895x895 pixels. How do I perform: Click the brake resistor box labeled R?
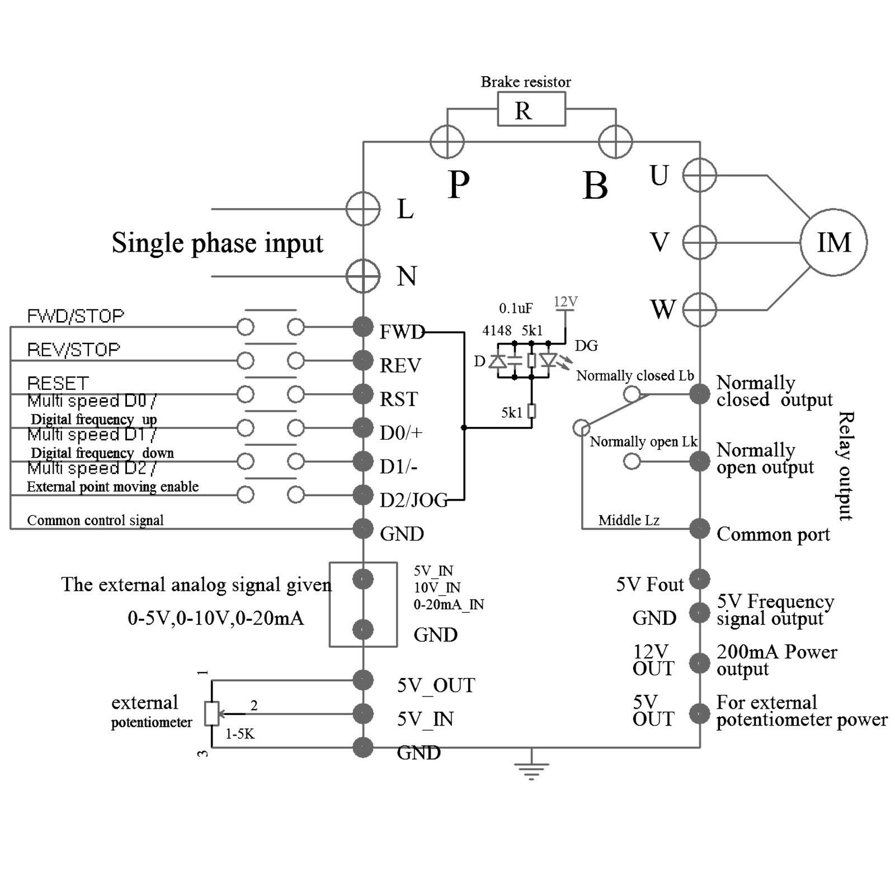pos(531,109)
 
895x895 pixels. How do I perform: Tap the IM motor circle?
pos(833,242)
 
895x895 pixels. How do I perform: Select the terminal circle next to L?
pos(363,209)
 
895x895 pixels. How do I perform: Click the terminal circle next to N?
pos(363,276)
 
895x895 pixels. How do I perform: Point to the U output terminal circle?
pos(699,175)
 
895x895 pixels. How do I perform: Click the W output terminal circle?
pos(699,309)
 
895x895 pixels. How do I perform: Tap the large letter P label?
pos(459,184)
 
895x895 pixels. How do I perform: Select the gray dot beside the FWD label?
pos(363,327)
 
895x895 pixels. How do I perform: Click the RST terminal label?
pos(398,399)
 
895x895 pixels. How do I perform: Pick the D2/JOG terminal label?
pos(413,500)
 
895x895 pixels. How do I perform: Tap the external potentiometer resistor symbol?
pos(211,713)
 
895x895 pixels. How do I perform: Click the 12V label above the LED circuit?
pos(565,302)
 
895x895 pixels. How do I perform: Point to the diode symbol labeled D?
pos(497,361)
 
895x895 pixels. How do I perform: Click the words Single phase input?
pos(217,243)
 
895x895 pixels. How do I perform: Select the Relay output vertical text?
pos(845,466)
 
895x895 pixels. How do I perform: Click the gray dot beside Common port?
pos(699,529)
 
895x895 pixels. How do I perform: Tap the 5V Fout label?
pos(649,585)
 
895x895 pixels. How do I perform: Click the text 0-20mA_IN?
pos(449,605)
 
